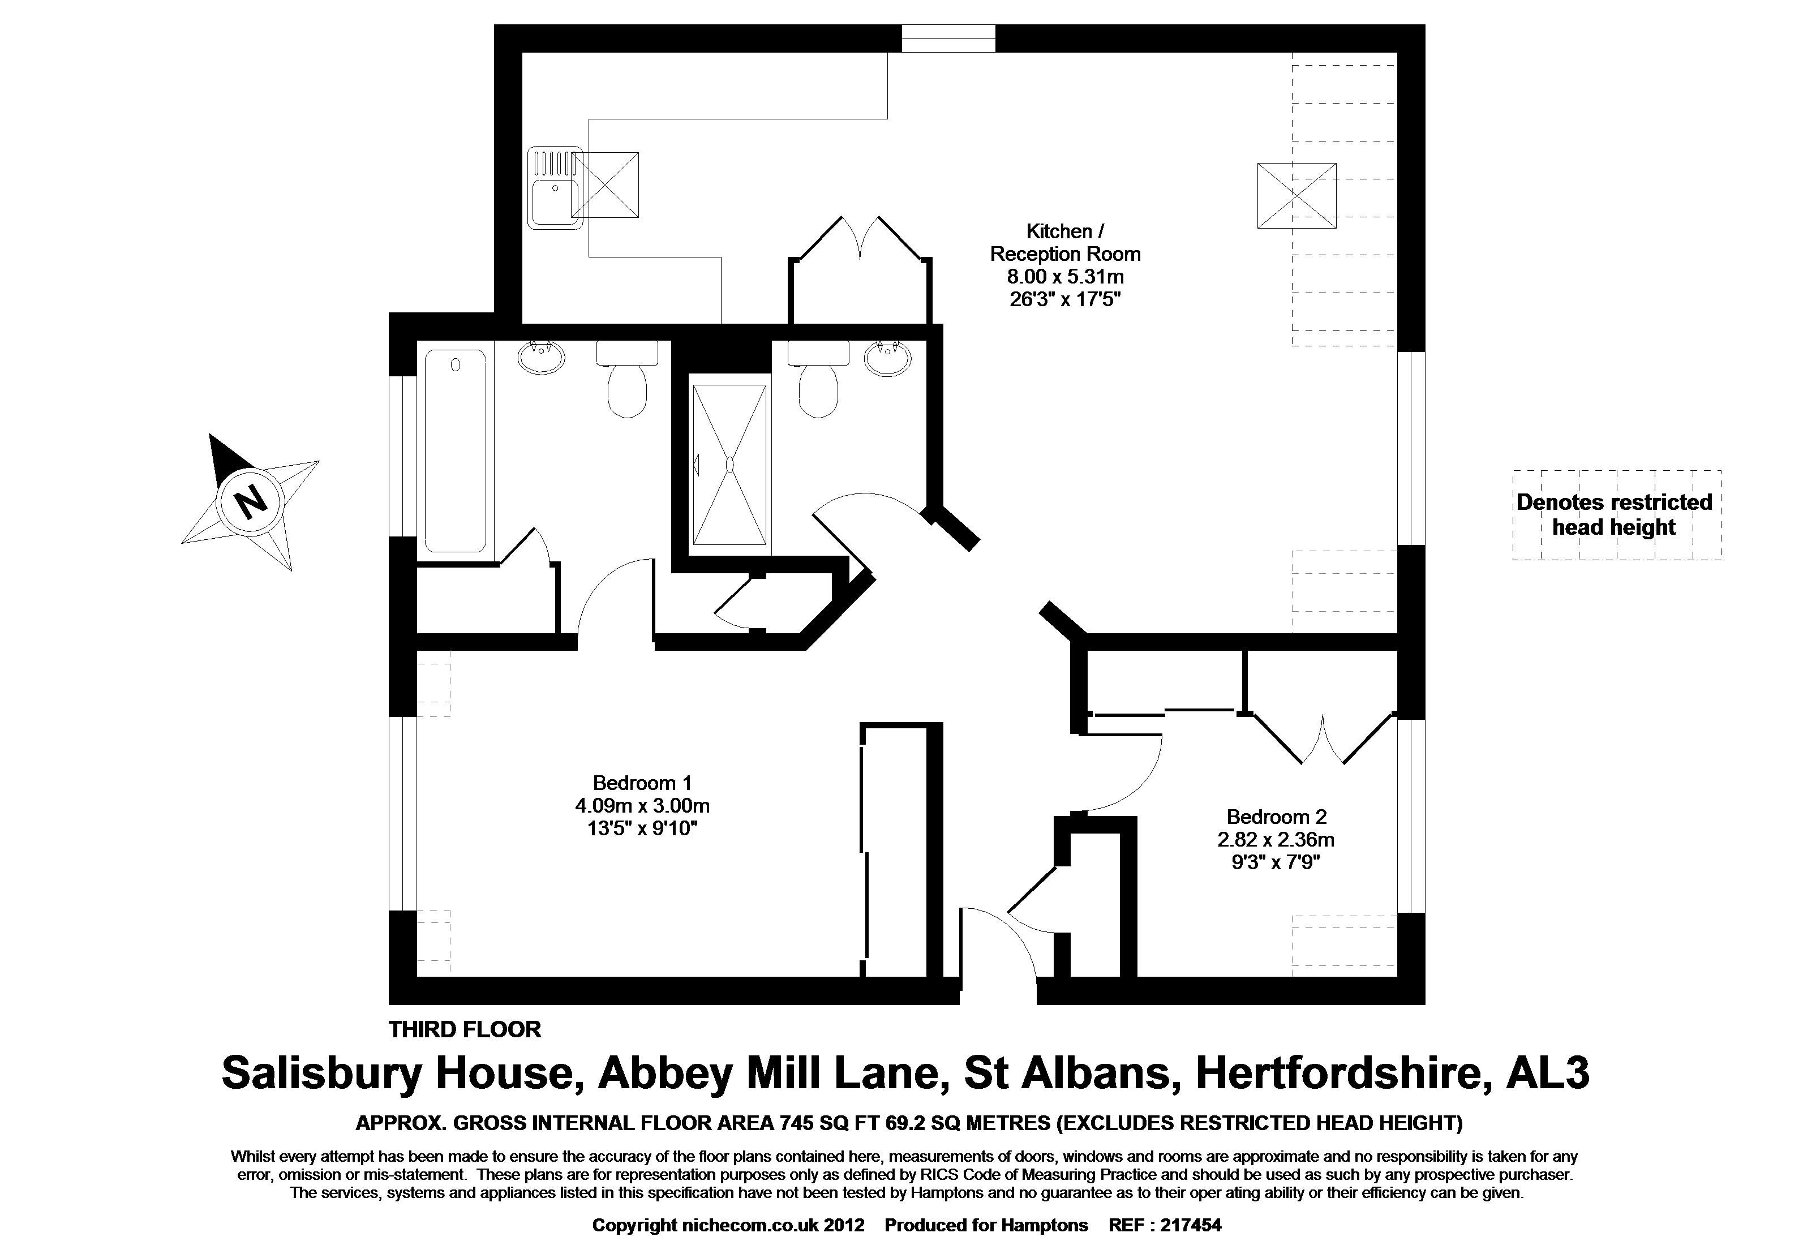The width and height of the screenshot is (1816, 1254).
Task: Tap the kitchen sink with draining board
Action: tap(553, 187)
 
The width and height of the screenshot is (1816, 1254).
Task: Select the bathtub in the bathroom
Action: tap(455, 451)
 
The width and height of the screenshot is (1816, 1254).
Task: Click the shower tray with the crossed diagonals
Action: tap(729, 465)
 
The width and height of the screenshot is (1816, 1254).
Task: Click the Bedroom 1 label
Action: tap(642, 783)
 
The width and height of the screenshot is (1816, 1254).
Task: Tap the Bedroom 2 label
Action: tap(1276, 817)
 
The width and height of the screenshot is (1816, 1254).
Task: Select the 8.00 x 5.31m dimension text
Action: tap(1065, 277)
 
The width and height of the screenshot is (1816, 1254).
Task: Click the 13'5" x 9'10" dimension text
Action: tap(642, 828)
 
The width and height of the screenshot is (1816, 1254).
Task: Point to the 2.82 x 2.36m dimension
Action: tap(1276, 839)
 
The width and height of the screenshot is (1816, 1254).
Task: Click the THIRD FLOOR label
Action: tap(465, 1029)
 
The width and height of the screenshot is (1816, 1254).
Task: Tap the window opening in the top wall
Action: tap(948, 38)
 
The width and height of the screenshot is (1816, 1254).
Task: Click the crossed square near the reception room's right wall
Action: tap(1296, 196)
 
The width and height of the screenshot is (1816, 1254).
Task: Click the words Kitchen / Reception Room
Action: tap(1065, 243)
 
